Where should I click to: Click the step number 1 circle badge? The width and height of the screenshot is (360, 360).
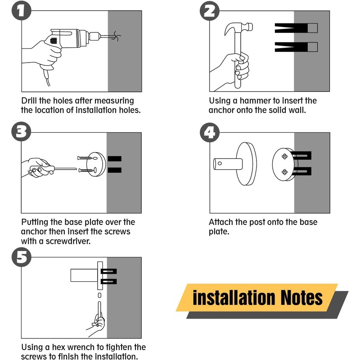pos(21,10)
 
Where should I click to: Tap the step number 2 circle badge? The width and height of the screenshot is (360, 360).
pos(210,11)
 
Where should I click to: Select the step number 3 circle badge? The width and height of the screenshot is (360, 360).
pos(21,131)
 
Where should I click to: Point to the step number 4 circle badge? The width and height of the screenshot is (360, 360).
pos(210,132)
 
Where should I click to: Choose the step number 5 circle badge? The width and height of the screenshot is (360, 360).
pos(21,257)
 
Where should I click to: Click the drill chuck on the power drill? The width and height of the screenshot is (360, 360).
pos(94,36)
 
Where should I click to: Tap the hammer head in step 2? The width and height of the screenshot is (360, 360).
pos(238,28)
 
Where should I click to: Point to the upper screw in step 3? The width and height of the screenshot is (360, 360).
pos(85,158)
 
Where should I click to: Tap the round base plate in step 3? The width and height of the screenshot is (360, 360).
pos(96,164)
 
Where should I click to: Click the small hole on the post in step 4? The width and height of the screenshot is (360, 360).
pos(220,163)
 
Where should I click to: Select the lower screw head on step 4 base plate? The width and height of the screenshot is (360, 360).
pos(285,172)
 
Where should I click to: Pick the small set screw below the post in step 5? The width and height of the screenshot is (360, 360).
pos(99,295)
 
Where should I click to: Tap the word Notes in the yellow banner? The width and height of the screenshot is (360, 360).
pos(301,298)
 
